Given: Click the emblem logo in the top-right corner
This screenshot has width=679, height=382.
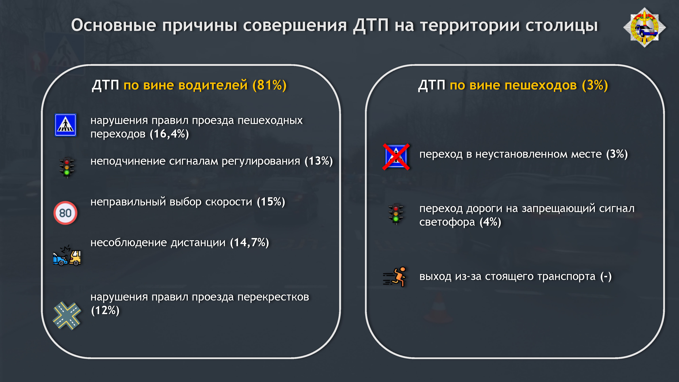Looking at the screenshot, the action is [645, 27].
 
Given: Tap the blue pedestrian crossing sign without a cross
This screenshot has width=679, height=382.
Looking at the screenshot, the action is [65, 125].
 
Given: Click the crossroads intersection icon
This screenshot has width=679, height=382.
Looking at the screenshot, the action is [67, 316].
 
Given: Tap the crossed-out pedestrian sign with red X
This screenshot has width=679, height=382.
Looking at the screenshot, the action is [396, 157].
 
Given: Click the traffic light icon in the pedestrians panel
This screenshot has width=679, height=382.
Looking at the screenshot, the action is [396, 214].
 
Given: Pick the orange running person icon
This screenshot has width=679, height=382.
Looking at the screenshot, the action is [395, 277].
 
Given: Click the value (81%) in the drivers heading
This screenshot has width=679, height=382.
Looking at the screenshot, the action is [269, 85].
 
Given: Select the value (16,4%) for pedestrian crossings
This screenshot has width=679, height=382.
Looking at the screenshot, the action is [169, 134].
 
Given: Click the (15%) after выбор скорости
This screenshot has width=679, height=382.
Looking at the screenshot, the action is [271, 202].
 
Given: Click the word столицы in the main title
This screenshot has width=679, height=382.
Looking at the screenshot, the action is [561, 26].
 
